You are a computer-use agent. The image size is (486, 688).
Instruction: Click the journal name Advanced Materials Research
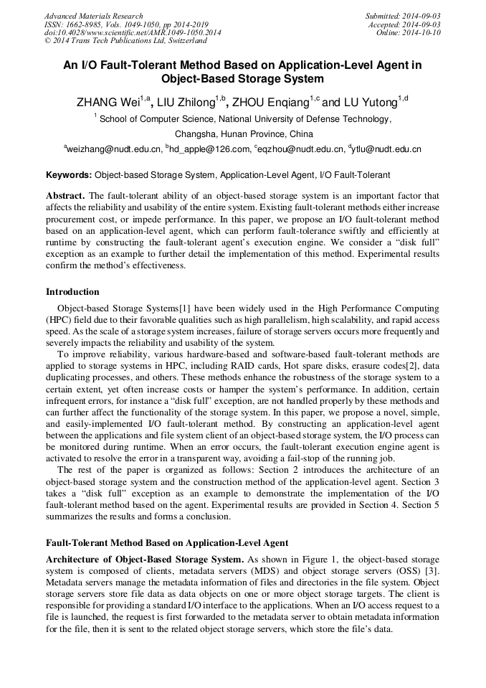(x=93, y=16)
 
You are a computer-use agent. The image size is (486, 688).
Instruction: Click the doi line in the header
(x=133, y=33)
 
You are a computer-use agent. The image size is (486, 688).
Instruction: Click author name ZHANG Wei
(x=107, y=102)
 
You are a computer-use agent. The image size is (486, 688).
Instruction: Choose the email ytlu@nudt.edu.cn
(x=386, y=149)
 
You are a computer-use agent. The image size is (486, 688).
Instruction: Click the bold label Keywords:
(x=69, y=175)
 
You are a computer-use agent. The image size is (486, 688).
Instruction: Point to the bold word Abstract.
(x=65, y=196)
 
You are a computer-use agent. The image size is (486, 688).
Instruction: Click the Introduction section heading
(x=72, y=292)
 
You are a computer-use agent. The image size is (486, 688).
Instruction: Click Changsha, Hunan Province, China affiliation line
(x=244, y=134)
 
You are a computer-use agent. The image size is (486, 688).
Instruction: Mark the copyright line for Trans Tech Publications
(x=115, y=42)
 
